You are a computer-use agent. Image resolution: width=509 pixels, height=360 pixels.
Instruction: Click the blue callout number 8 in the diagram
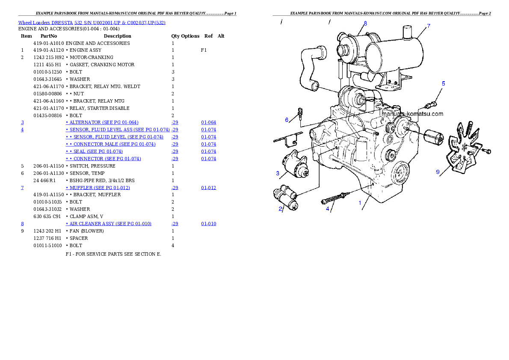[x=365, y=24]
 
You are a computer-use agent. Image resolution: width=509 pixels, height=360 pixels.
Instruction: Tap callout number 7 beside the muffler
[x=429, y=26]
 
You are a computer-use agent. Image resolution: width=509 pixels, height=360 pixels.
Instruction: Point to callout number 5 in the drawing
[x=444, y=84]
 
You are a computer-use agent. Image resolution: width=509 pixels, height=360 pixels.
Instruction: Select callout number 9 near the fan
[x=438, y=172]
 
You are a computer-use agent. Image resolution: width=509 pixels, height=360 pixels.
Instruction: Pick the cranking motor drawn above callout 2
[x=286, y=197]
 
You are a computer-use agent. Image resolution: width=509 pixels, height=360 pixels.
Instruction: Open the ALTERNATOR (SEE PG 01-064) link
[x=102, y=122]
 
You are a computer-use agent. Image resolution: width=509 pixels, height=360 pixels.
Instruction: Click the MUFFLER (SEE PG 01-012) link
[x=98, y=188]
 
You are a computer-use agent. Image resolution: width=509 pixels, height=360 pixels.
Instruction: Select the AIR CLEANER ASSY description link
[x=108, y=224]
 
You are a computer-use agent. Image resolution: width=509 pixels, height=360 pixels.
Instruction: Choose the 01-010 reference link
[x=208, y=224]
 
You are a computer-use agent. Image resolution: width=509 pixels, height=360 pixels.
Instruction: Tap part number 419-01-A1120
[x=49, y=50]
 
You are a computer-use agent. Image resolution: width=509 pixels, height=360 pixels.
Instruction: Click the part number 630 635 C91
[x=47, y=216]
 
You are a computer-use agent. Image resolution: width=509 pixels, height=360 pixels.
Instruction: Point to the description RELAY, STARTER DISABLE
[x=99, y=108]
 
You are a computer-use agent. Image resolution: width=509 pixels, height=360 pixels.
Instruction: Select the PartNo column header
[x=49, y=36]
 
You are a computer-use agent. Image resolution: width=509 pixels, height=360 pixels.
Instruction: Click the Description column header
[x=118, y=36]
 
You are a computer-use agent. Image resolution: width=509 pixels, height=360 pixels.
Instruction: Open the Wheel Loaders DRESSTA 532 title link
[x=92, y=23]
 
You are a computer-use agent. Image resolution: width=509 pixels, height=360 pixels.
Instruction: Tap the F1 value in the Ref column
[x=204, y=50]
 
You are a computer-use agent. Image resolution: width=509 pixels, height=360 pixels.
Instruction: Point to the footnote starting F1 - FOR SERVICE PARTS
[x=113, y=254]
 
